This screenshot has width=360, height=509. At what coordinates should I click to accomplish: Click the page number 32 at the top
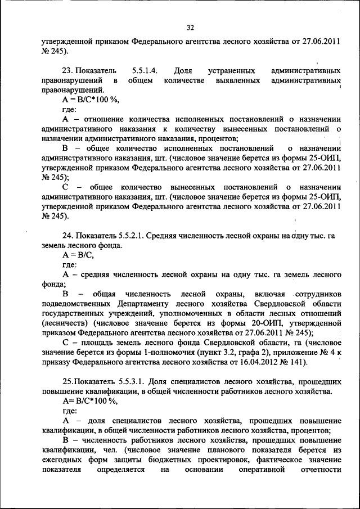[189, 26]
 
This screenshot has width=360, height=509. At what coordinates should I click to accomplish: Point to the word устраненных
[231, 72]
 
